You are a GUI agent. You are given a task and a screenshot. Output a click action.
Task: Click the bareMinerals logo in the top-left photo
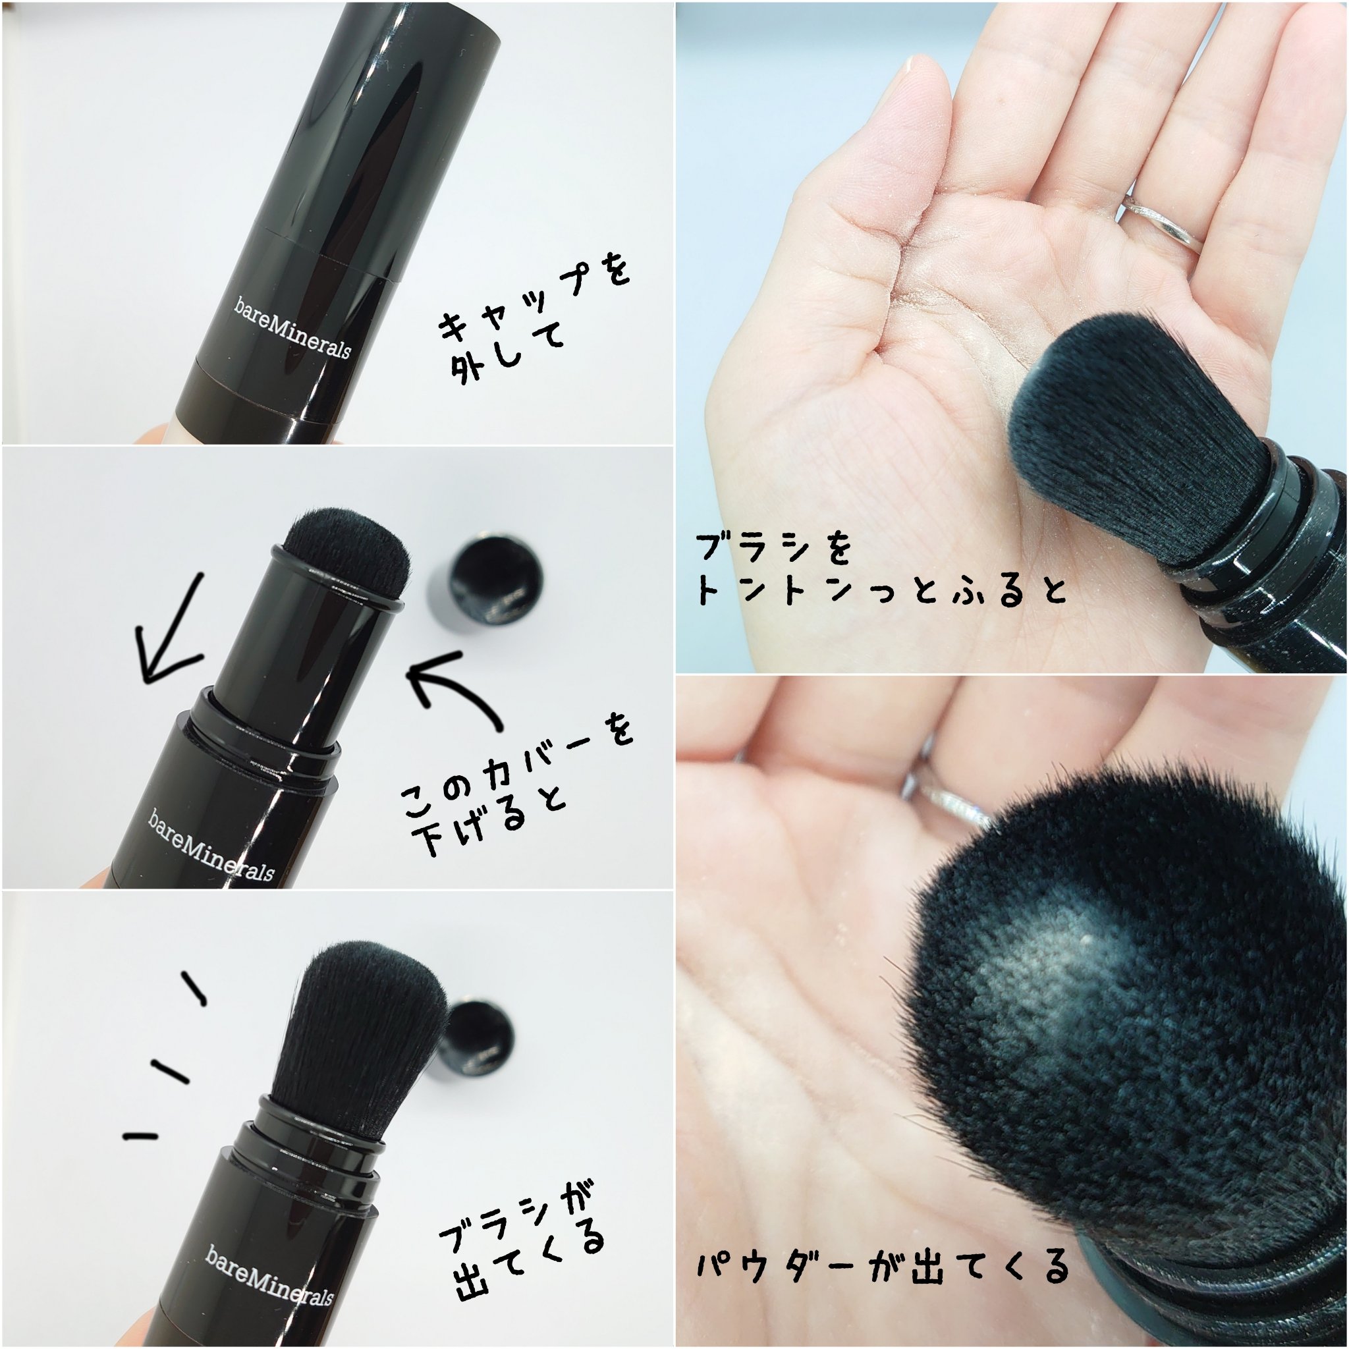(292, 327)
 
